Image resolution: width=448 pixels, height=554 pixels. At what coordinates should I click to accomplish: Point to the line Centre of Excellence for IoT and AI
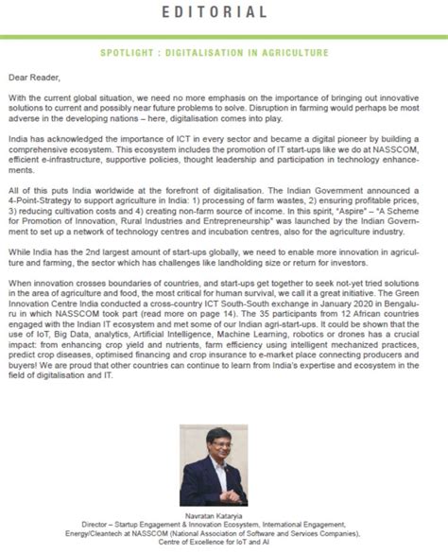coord(223,545)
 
